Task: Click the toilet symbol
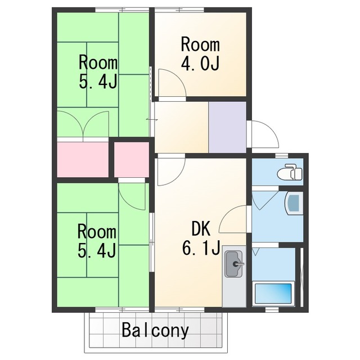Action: [290, 172]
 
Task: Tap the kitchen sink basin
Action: [233, 264]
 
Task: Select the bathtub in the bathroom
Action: [273, 294]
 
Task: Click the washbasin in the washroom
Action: [294, 204]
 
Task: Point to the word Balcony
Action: [155, 331]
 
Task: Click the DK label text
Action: [201, 228]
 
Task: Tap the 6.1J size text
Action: [201, 247]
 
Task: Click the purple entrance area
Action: [227, 127]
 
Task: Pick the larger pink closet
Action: [83, 160]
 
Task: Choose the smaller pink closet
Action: [132, 160]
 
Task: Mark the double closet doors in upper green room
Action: [83, 124]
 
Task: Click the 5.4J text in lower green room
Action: [96, 251]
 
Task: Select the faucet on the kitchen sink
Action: [238, 264]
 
